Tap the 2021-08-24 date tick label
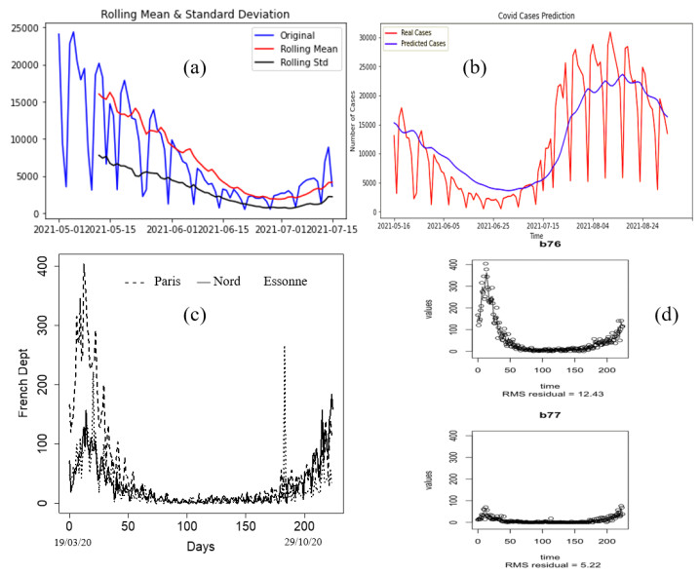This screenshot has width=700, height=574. [x=642, y=225]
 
